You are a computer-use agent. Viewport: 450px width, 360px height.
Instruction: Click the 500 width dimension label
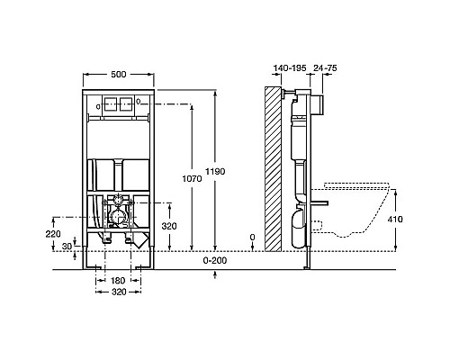(119, 75)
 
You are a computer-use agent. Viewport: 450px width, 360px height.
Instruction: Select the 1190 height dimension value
(215, 172)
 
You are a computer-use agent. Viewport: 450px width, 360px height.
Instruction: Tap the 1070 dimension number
(193, 179)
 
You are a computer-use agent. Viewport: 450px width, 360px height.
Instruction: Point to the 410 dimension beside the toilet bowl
(395, 220)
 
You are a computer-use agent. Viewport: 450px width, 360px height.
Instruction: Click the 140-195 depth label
(290, 68)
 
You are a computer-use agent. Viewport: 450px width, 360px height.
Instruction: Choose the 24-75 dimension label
(325, 68)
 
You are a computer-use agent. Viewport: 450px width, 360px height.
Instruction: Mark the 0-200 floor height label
(215, 260)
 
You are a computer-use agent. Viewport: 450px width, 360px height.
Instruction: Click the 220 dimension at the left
(53, 233)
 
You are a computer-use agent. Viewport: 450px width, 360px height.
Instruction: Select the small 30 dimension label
(67, 247)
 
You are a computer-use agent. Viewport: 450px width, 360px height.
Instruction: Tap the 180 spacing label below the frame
(118, 281)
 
